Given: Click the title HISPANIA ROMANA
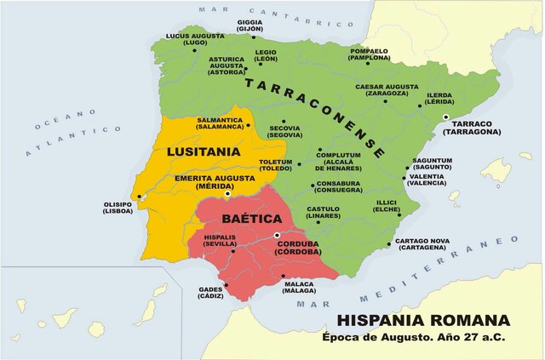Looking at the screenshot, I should tap(424, 321).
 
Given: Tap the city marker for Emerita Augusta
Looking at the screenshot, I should tap(227, 195).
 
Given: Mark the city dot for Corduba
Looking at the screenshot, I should tap(277, 235).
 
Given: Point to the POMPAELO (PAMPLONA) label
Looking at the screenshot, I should tap(369, 54).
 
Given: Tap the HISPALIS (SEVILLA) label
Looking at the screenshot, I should tap(220, 240).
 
